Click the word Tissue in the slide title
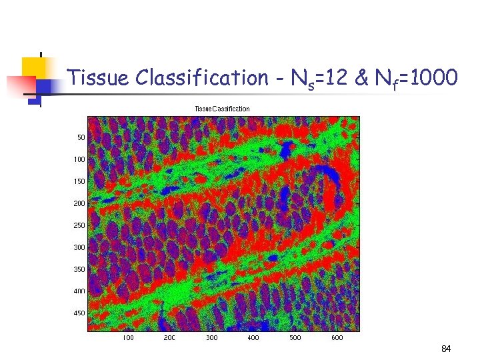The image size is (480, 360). (99, 78)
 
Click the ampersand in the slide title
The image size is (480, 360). (361, 78)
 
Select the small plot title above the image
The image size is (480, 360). (222, 109)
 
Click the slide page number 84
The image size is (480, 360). (445, 349)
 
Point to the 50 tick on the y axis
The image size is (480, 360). (81, 137)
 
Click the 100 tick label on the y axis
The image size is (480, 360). (79, 159)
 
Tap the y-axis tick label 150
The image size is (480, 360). (79, 181)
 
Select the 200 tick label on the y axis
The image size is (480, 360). (79, 203)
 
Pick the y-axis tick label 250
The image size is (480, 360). (79, 225)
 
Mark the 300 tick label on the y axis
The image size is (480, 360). (79, 247)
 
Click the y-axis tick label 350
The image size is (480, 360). (79, 269)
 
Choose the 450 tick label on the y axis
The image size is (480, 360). (79, 313)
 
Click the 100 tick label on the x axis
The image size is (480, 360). (128, 338)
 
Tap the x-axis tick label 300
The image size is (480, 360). (211, 338)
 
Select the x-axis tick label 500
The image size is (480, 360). (295, 338)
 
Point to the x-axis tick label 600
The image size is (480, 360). (337, 338)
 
